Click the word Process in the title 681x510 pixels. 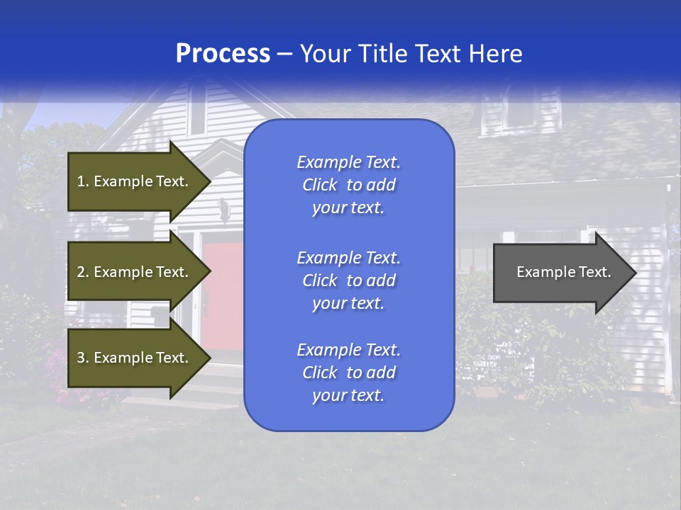click(223, 54)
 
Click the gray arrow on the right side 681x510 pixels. click(560, 273)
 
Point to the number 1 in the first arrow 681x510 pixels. click(81, 181)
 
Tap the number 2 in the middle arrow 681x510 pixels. click(81, 272)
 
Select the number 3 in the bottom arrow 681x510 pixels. click(81, 358)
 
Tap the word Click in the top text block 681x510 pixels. click(320, 185)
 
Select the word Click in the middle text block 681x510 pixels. click(320, 280)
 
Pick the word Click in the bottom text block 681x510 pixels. click(320, 373)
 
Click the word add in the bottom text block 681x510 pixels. click(381, 373)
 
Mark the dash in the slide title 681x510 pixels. click(284, 54)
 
